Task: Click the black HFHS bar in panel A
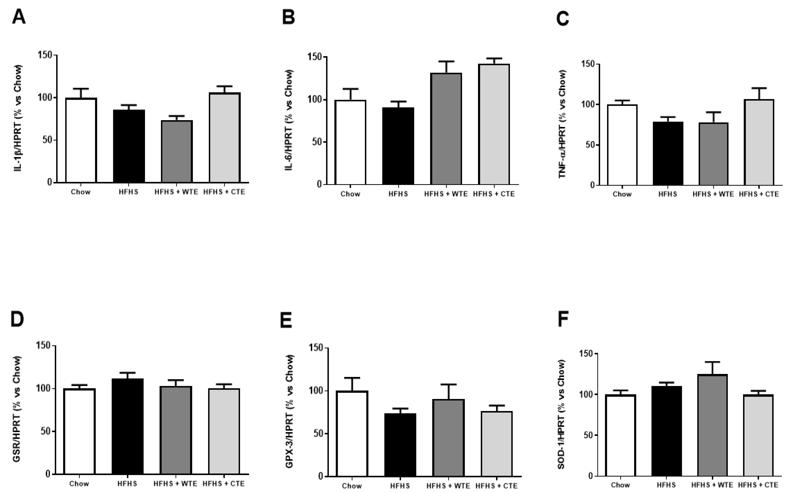tap(129, 146)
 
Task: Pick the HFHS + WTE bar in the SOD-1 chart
tap(712, 425)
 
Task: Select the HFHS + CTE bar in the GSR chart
tap(224, 431)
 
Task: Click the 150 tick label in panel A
tap(45, 55)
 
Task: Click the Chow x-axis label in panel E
tap(352, 486)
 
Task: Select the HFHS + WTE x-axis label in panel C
tap(713, 194)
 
